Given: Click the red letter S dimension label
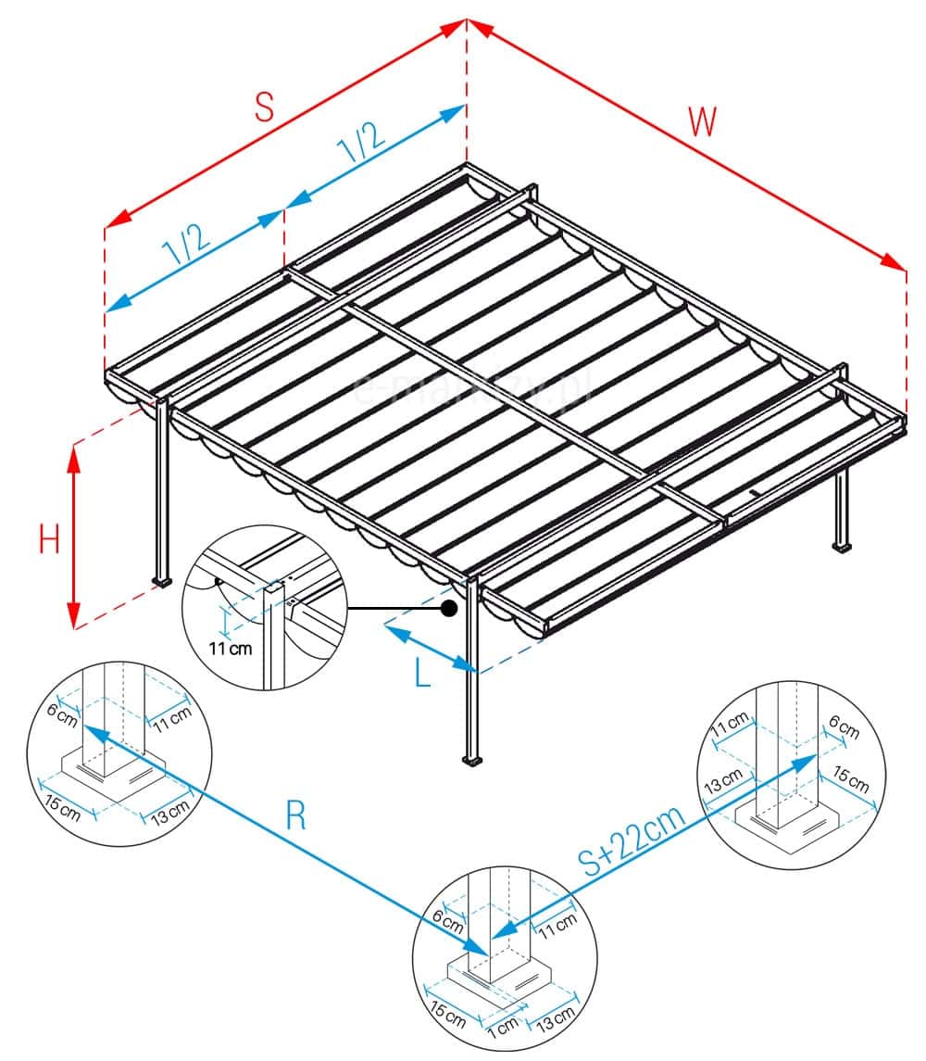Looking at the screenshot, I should [265, 107].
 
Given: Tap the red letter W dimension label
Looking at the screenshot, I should [703, 121].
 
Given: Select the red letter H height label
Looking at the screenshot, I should [50, 538].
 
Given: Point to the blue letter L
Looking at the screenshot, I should [422, 674].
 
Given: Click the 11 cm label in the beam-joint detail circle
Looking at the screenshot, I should [230, 649].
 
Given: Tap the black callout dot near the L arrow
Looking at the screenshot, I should [449, 609].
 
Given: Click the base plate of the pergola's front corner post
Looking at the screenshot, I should [473, 762].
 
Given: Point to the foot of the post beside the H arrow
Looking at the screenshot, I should [163, 583].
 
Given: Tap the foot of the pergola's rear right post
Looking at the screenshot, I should [842, 547].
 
